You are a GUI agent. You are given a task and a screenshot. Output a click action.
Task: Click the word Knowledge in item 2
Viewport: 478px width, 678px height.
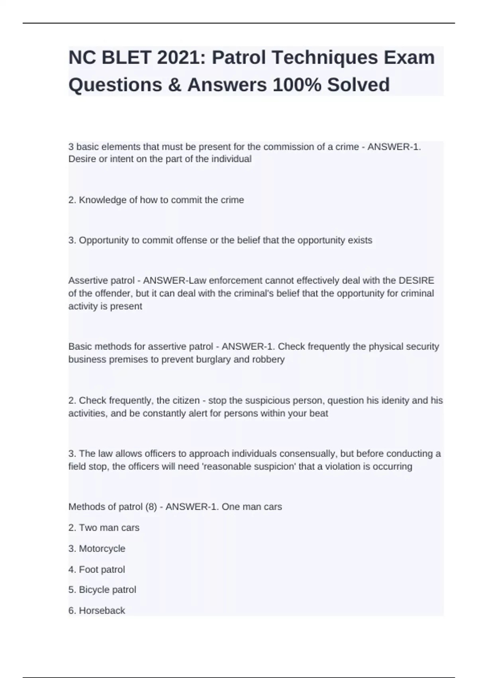[102, 200]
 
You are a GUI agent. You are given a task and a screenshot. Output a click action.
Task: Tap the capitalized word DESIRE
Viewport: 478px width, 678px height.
[416, 280]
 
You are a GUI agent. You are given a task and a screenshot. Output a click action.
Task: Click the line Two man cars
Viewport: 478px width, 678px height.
[104, 528]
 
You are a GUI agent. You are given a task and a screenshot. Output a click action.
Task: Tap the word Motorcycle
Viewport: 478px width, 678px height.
[102, 548]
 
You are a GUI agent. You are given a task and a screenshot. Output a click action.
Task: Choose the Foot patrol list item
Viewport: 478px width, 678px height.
[97, 569]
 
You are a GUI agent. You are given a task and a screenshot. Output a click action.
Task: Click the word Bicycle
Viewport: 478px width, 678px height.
[94, 589]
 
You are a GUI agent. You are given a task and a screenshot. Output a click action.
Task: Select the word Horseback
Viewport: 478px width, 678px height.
[102, 610]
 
